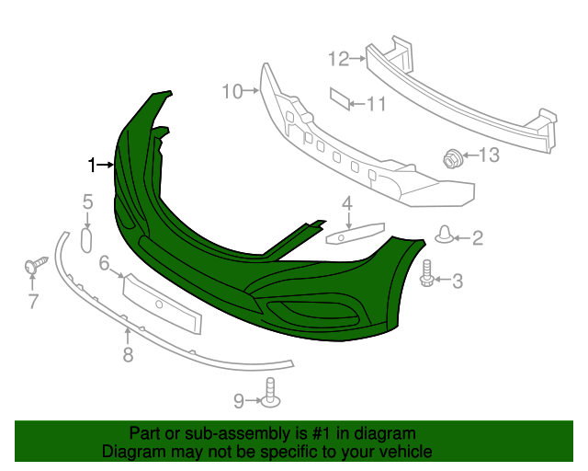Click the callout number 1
92,165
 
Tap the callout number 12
337,59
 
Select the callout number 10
231,91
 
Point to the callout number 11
377,104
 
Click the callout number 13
488,155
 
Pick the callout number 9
238,401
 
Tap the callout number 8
128,354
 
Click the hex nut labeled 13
453,159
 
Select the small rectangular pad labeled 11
340,99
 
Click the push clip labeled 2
445,235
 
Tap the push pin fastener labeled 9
270,393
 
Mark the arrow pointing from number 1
105,165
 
